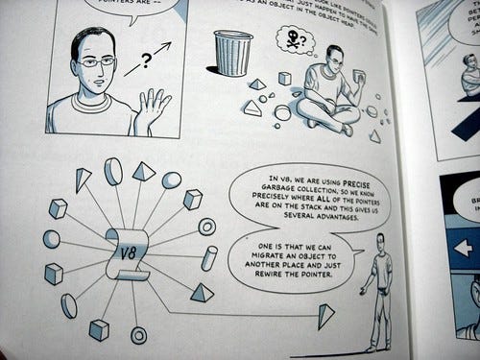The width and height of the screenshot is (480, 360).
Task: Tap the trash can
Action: tap(232, 53)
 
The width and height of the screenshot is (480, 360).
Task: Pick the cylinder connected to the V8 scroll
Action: tap(208, 257)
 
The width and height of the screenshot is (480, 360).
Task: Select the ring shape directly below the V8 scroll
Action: tap(139, 335)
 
